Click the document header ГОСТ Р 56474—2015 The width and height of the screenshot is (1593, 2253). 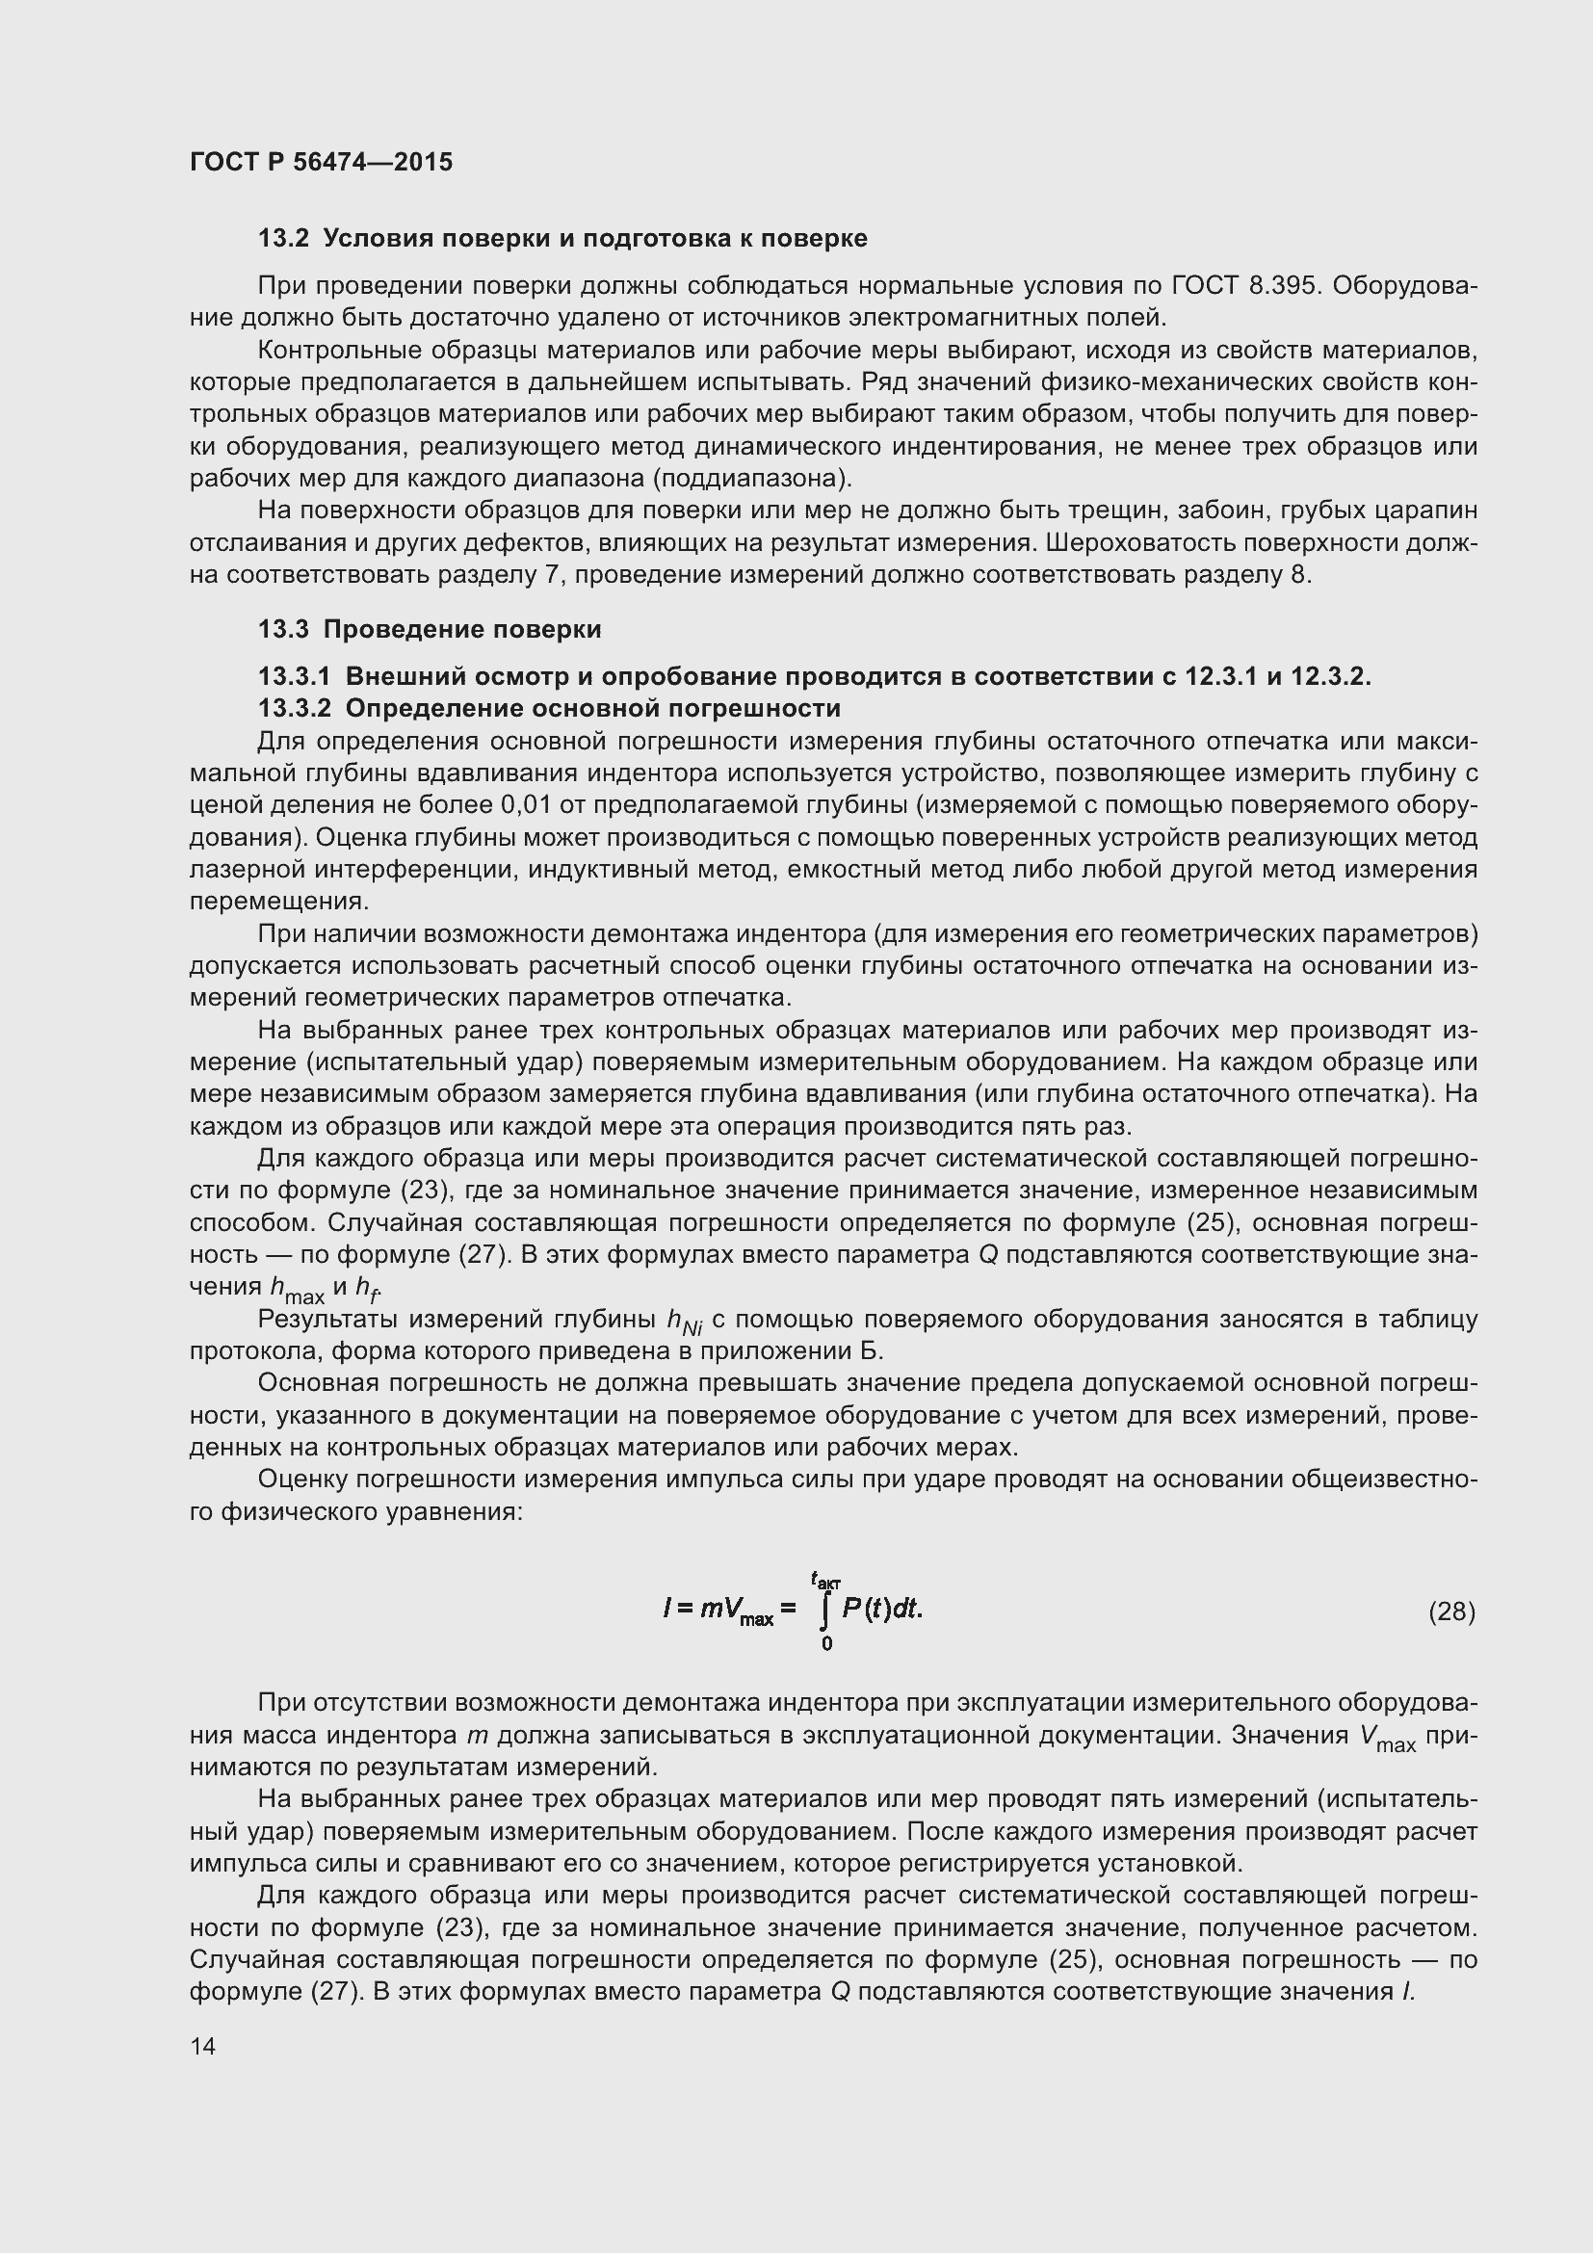coord(321,162)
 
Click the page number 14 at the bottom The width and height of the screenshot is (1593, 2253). coord(202,2046)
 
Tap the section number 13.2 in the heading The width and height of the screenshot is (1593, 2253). coord(283,239)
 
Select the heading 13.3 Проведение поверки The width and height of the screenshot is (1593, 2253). coord(430,629)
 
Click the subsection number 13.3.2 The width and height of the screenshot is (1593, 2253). coord(296,708)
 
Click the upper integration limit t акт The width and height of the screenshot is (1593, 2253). coord(825,1579)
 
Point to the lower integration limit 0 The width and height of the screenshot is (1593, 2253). coord(826,1643)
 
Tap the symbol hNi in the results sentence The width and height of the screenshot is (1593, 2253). coord(684,1322)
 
